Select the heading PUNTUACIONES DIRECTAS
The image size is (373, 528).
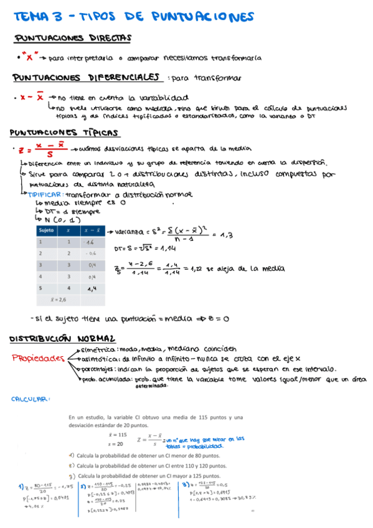tap(72, 39)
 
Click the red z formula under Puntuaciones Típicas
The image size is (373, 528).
tap(43, 149)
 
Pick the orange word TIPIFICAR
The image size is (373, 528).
tap(40, 194)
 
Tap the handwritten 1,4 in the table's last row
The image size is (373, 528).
tap(92, 288)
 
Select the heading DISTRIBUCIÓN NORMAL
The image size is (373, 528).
tap(62, 339)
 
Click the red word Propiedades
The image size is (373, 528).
tap(39, 359)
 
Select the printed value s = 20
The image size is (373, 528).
tap(116, 444)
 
